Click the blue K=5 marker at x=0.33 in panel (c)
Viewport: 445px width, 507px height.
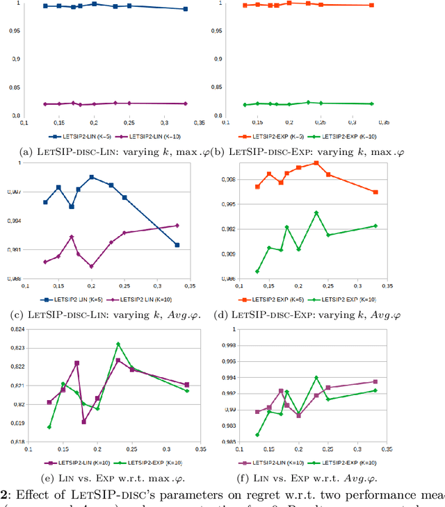tap(177, 245)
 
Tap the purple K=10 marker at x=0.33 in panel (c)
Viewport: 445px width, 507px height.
tap(177, 226)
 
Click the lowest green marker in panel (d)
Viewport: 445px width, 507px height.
tap(257, 272)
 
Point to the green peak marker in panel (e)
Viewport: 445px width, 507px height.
tap(118, 344)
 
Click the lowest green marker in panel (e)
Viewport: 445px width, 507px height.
tap(49, 427)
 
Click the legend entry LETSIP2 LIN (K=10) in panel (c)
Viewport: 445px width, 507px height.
tap(147, 299)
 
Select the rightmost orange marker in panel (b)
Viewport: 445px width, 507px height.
tap(371, 6)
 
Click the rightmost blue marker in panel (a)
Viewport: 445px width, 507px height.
tap(185, 9)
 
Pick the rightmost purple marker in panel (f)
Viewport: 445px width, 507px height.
tap(375, 381)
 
